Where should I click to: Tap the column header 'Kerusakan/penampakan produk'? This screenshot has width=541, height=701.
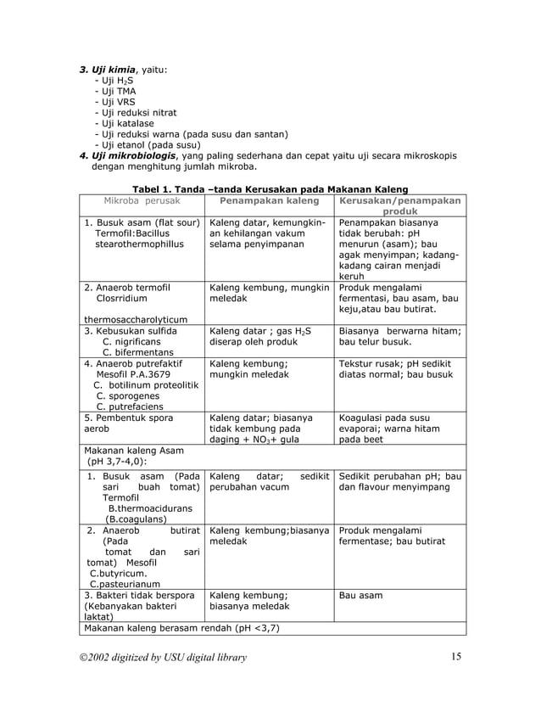click(x=399, y=206)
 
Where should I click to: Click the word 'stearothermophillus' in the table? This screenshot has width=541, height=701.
click(x=139, y=244)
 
